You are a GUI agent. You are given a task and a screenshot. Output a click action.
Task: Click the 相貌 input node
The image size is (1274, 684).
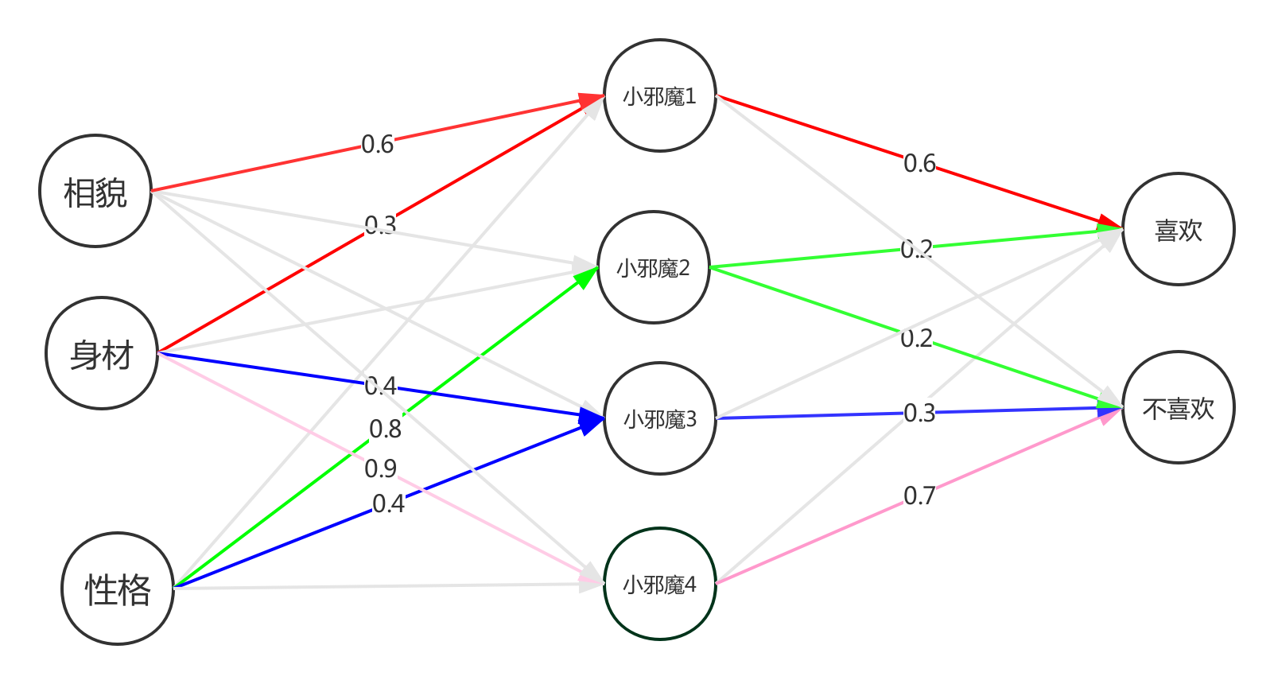[x=95, y=192]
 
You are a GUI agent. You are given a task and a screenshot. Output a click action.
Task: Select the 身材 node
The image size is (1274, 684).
[x=102, y=354]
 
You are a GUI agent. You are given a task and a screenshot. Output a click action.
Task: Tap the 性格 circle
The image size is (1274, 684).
[x=118, y=589]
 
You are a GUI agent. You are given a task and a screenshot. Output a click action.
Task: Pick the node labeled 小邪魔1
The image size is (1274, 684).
[x=660, y=96]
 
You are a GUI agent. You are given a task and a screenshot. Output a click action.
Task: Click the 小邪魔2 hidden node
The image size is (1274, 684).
[x=653, y=268]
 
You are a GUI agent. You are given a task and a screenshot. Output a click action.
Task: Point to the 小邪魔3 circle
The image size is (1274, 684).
[x=660, y=418]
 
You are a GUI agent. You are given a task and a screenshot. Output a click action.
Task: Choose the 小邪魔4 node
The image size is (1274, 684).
[x=660, y=585]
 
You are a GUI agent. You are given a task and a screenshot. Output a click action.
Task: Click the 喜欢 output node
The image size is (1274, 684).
[x=1178, y=230]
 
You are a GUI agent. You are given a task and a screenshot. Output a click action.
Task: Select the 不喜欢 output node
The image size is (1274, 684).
[x=1178, y=408]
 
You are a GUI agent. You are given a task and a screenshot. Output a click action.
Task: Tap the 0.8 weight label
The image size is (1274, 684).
[x=386, y=429]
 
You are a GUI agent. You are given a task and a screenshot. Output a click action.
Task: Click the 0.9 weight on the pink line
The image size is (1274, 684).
[x=381, y=468]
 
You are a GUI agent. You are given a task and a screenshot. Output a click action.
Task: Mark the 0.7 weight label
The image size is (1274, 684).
[x=919, y=496]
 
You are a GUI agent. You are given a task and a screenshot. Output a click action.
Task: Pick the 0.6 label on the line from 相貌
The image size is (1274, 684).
[x=378, y=144]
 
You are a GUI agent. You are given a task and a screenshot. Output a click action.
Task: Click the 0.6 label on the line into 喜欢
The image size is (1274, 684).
[x=919, y=163]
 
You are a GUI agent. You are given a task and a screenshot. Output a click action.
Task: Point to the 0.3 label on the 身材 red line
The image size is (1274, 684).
[x=380, y=225]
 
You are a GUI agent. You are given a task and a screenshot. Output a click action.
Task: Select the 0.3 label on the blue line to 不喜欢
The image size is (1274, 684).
[x=919, y=413]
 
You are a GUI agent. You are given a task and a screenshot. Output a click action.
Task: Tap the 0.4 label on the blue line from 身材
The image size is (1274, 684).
[x=381, y=386]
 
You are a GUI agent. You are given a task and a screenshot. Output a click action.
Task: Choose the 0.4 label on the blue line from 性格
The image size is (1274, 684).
[x=388, y=503]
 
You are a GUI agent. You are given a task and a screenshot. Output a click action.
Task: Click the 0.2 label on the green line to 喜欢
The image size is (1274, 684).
[x=916, y=250]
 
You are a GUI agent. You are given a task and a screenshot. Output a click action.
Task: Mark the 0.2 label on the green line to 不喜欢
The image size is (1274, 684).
[x=916, y=339]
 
